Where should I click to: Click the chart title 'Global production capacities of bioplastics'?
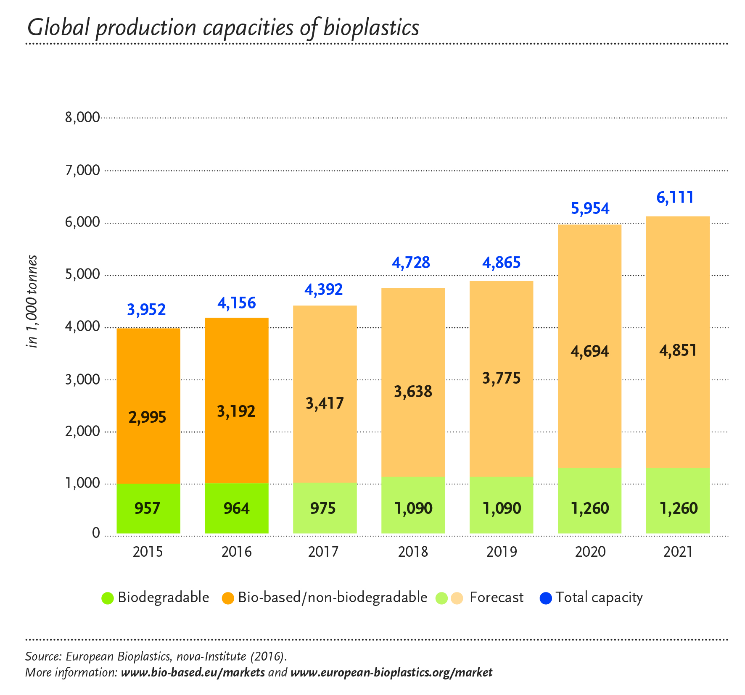click(223, 28)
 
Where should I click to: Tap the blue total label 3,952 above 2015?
click(146, 310)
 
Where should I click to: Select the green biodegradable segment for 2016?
click(236, 508)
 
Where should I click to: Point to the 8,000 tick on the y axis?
click(82, 117)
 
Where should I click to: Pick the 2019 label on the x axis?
click(501, 552)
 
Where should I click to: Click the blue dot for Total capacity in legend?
click(545, 598)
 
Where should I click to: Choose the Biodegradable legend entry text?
click(163, 597)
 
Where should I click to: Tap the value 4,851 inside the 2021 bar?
click(678, 350)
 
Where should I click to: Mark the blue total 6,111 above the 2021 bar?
click(675, 197)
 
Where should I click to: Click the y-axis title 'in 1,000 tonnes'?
click(32, 301)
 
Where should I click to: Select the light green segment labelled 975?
click(325, 508)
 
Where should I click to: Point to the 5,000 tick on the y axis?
click(82, 274)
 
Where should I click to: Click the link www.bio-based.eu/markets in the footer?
click(193, 672)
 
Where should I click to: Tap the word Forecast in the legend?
click(496, 597)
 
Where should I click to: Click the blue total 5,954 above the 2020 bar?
click(590, 208)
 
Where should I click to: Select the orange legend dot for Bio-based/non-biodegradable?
click(228, 598)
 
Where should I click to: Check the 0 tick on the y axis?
click(96, 533)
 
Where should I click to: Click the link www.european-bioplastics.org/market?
click(391, 672)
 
